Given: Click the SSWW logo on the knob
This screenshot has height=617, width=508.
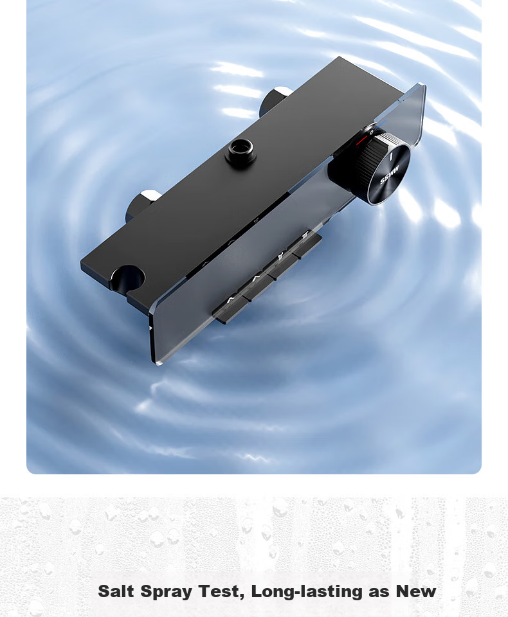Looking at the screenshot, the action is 390,175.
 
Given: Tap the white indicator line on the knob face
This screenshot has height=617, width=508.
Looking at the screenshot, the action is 391,157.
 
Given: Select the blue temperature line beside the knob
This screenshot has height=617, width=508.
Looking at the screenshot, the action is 381,125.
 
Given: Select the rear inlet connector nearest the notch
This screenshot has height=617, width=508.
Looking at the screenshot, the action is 141,204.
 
